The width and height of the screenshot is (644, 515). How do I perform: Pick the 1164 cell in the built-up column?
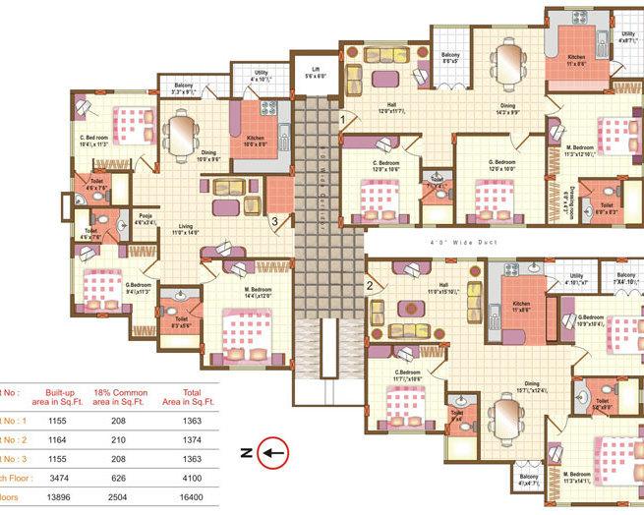click(x=59, y=438)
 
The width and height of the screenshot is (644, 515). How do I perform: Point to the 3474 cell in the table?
click(x=59, y=479)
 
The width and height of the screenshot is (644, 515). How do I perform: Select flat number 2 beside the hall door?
click(x=369, y=286)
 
